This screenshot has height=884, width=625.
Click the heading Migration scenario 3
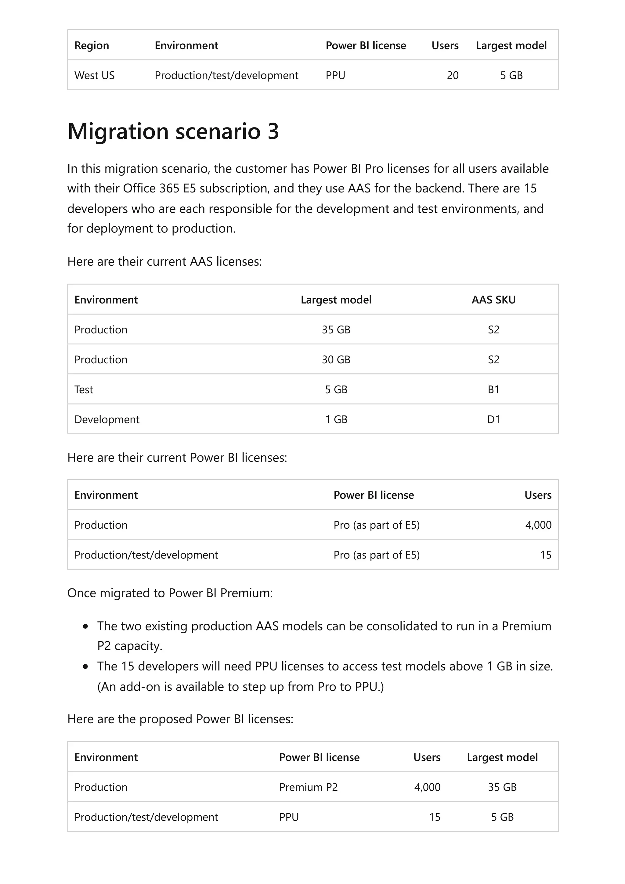[173, 131]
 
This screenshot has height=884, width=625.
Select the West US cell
[94, 75]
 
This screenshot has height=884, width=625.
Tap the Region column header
[92, 45]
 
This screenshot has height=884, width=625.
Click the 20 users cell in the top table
[453, 75]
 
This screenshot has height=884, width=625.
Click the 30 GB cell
[336, 360]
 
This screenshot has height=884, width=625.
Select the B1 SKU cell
[493, 390]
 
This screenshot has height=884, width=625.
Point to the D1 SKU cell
[493, 419]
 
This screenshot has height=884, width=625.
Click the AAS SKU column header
[493, 300]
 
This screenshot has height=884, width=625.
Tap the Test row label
[84, 390]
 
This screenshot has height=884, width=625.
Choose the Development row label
[107, 419]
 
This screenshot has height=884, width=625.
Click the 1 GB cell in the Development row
[336, 419]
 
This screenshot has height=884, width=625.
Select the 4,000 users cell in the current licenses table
[538, 525]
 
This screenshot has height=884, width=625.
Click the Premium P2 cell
[308, 787]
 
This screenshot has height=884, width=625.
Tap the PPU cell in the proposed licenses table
[289, 817]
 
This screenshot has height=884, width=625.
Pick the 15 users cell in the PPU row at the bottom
[434, 817]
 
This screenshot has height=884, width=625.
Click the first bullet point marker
[85, 627]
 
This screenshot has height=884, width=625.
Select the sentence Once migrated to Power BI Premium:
[170, 593]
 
